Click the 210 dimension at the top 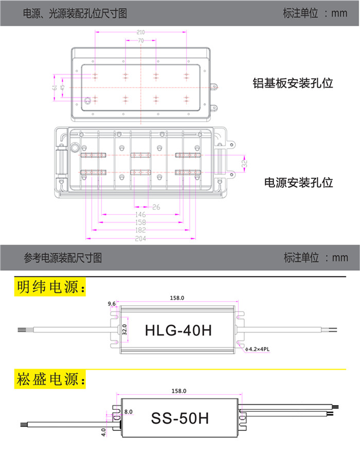click(140, 32)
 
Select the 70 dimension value click(140, 41)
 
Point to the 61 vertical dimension click(55, 88)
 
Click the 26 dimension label click(156, 207)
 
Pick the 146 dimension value click(140, 215)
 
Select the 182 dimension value click(140, 230)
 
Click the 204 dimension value click(140, 238)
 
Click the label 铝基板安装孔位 click(293, 83)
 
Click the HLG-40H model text click(178, 330)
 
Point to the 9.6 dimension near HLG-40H click(112, 304)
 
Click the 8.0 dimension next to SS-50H click(129, 411)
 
